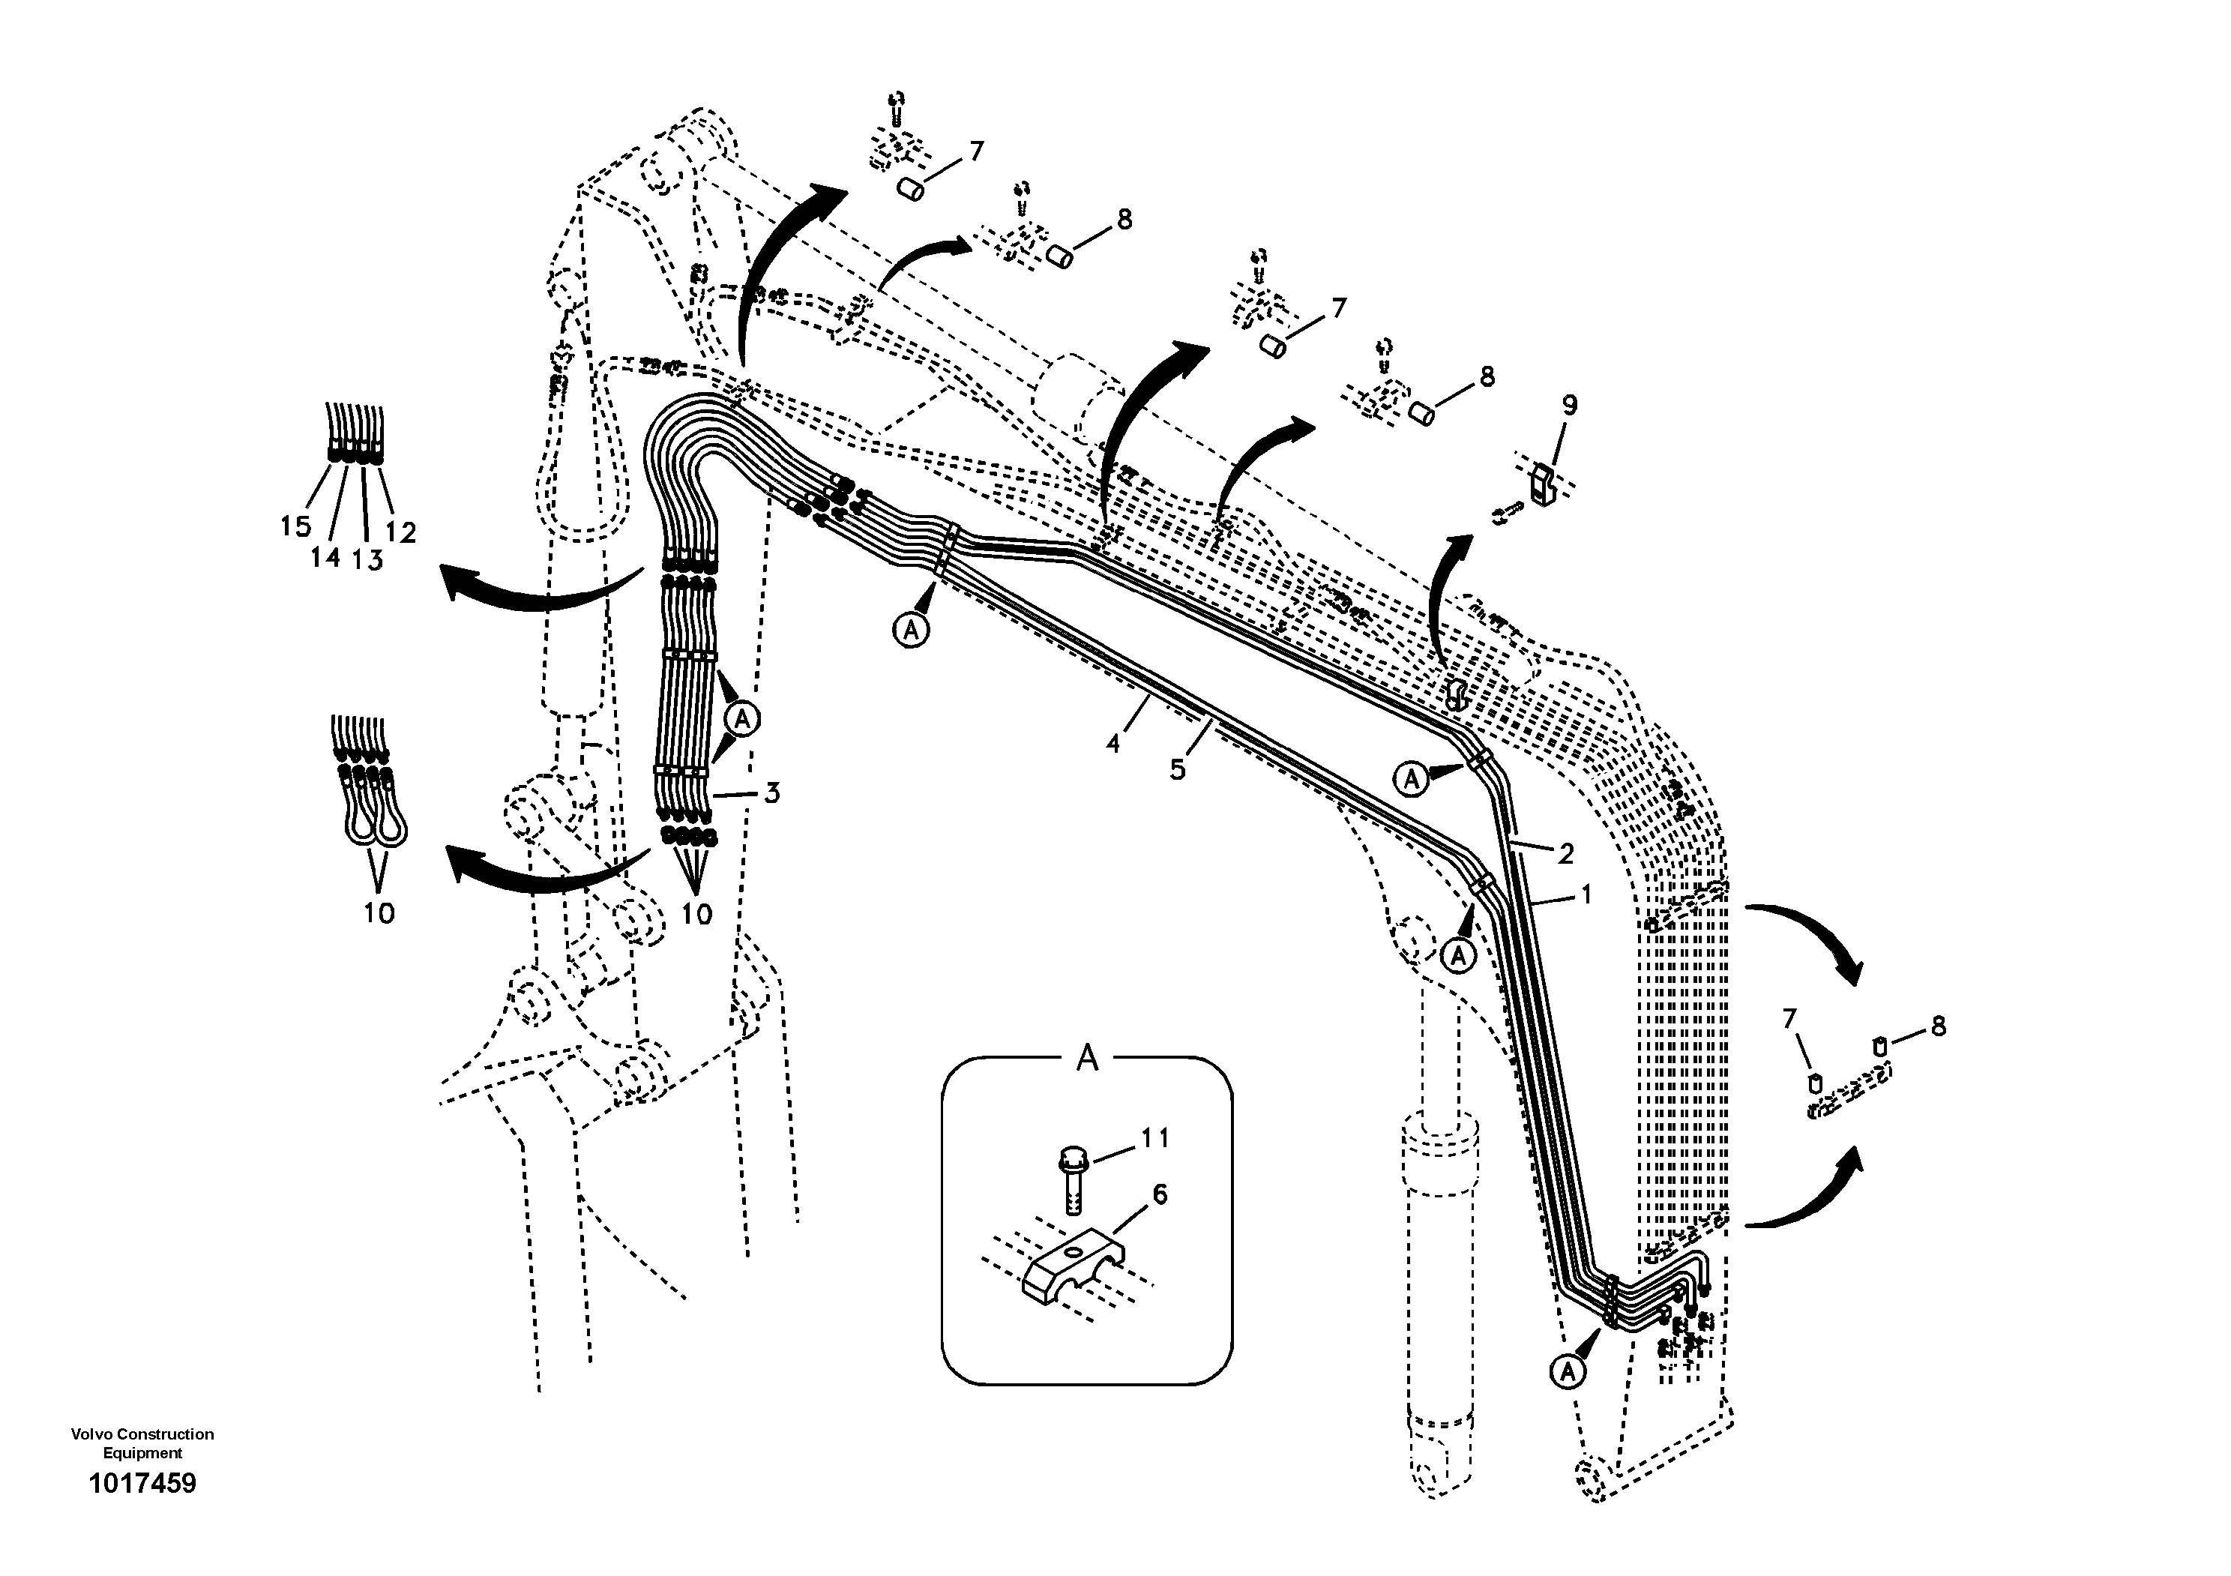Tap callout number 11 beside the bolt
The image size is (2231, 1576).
point(1154,1138)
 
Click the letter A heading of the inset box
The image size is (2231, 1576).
point(1087,1058)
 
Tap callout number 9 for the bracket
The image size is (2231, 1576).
point(1569,405)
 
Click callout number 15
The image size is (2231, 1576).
point(295,526)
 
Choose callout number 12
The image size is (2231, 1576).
point(400,532)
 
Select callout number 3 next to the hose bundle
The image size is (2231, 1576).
point(771,792)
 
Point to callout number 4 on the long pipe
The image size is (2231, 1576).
point(1113,745)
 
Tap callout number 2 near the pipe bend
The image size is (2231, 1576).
point(1565,853)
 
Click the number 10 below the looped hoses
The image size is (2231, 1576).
point(379,913)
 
